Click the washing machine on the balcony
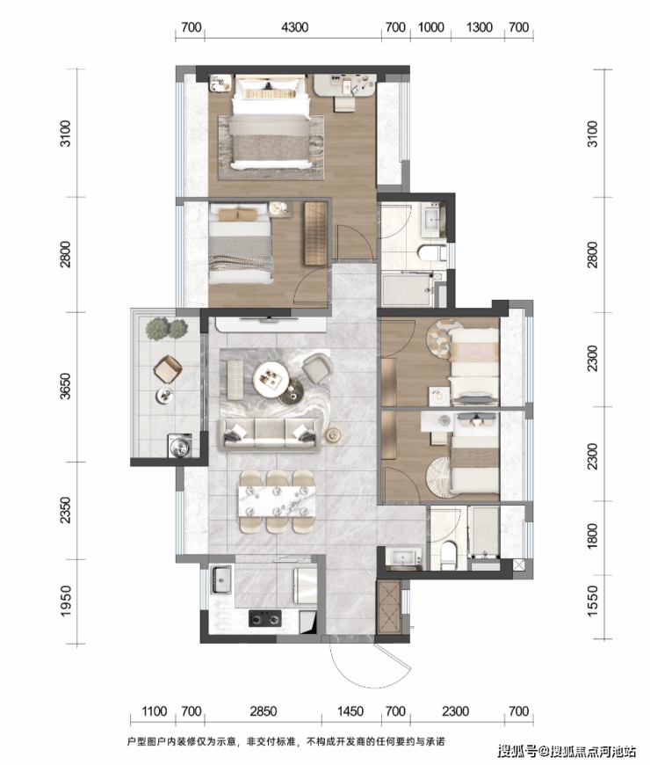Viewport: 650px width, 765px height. [180, 446]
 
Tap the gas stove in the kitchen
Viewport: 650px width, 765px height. [265, 618]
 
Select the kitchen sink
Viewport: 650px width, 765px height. [221, 579]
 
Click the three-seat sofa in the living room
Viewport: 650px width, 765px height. [270, 433]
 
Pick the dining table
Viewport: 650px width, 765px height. [277, 501]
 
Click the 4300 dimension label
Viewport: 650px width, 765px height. [295, 27]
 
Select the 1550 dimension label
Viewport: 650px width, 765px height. [592, 601]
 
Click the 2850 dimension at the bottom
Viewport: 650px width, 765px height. [264, 711]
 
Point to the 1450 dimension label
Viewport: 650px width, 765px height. [350, 711]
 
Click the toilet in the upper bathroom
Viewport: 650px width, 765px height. [431, 253]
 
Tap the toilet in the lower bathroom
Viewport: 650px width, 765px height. [447, 555]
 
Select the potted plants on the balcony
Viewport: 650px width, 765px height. [166, 328]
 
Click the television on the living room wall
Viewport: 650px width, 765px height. [270, 318]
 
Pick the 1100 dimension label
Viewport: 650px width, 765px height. [154, 711]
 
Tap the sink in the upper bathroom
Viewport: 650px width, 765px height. [432, 220]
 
